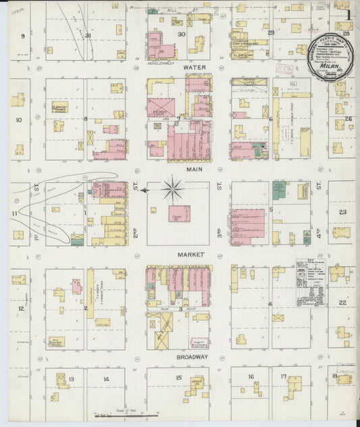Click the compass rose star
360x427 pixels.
click(174, 189)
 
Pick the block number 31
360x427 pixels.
click(88, 35)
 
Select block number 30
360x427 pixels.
click(181, 34)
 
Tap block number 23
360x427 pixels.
click(342, 212)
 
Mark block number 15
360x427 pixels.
click(179, 378)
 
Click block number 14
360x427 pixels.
click(105, 378)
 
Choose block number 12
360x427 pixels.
click(21, 308)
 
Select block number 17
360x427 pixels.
click(284, 376)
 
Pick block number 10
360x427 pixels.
click(19, 120)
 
